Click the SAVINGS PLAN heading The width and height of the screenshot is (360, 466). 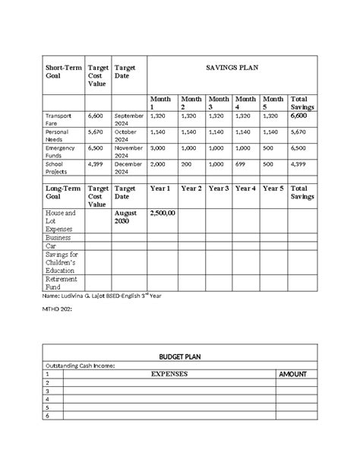click(x=232, y=68)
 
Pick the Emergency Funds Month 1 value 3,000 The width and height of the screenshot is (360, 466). click(x=158, y=149)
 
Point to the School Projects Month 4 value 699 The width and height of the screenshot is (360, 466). click(x=242, y=163)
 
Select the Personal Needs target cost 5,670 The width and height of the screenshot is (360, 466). click(x=95, y=131)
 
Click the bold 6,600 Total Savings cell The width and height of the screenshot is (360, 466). click(x=299, y=116)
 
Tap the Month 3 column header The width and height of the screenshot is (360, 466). click(x=219, y=103)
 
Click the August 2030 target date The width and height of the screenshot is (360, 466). click(x=126, y=219)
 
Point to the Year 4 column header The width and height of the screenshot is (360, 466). click(x=245, y=188)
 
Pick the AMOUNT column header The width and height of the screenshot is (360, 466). click(x=292, y=375)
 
